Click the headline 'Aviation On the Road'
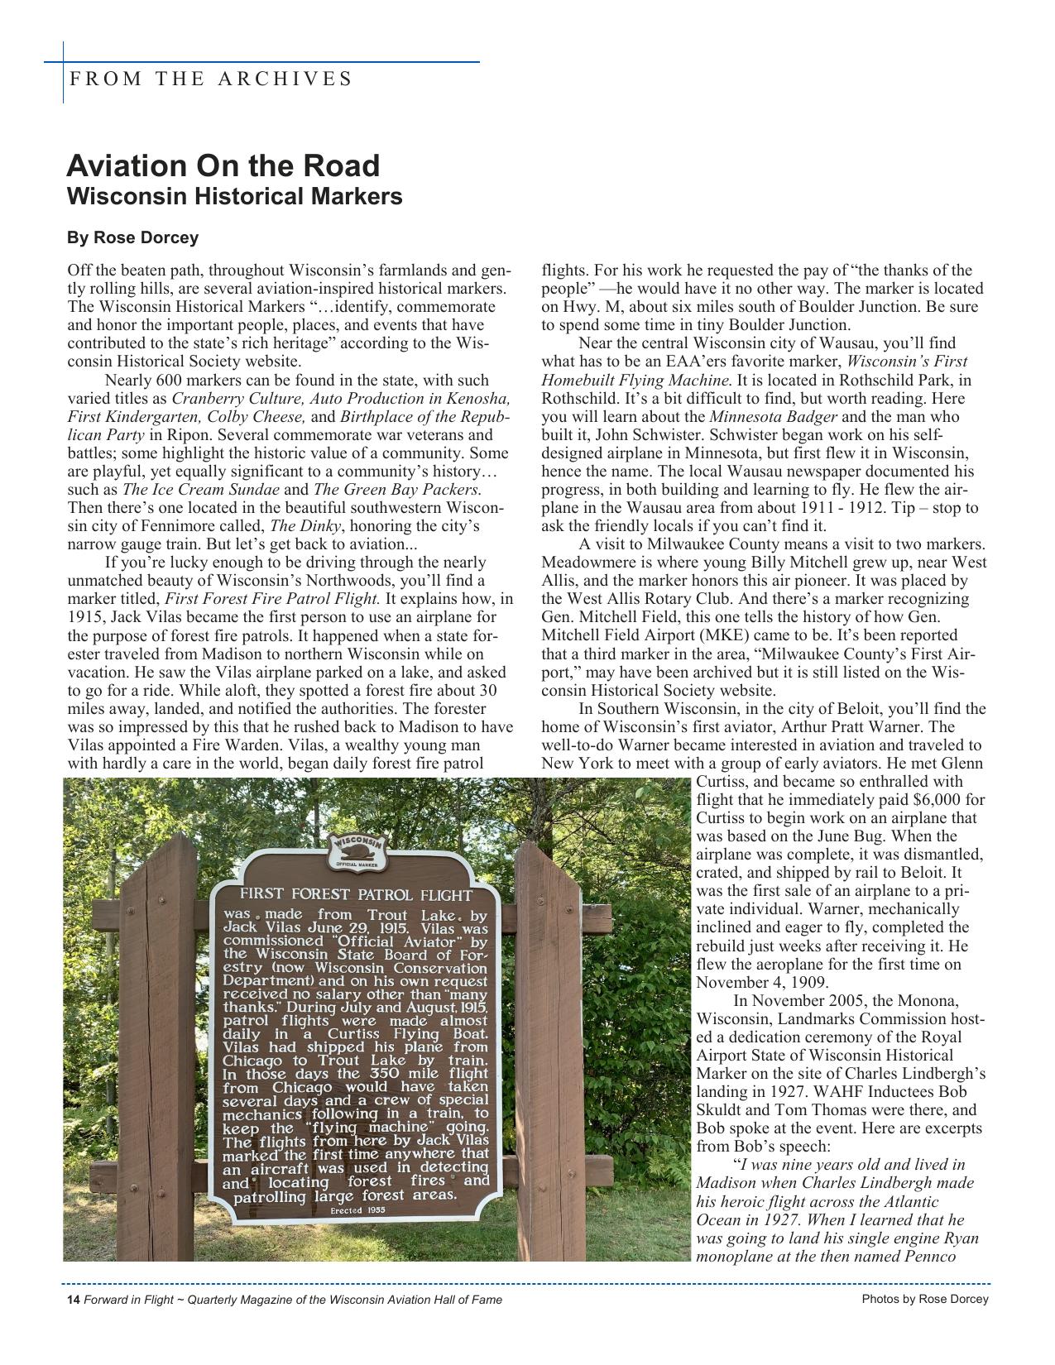click(223, 166)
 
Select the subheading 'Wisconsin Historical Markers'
click(234, 197)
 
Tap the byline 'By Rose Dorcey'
click(132, 238)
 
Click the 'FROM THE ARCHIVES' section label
click(211, 79)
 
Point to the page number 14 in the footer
click(73, 1300)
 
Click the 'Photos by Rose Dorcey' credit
click(924, 1299)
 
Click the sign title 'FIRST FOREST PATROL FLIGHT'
click(356, 894)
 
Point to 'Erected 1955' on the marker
click(357, 1210)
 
